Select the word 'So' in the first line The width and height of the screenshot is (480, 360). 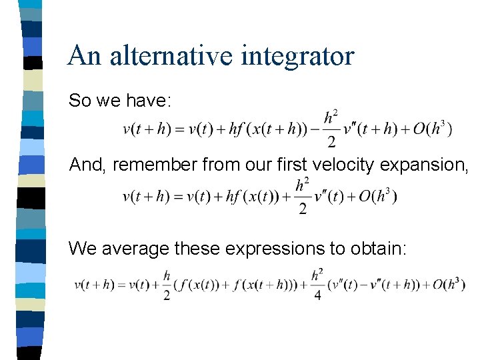click(x=79, y=101)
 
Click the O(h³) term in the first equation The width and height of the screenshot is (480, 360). click(x=433, y=129)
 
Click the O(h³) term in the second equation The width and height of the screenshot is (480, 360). click(x=377, y=197)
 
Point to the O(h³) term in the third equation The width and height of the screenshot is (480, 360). click(x=449, y=285)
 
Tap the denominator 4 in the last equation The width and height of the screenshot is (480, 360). click(x=317, y=296)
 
